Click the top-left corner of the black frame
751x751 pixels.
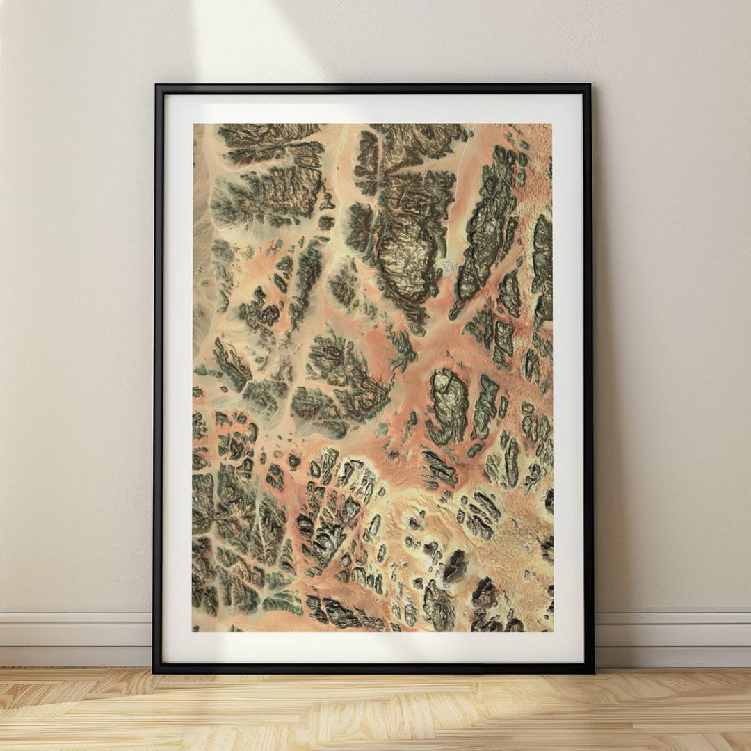click(156, 86)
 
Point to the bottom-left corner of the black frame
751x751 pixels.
click(154, 672)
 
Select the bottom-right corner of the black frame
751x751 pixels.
click(593, 672)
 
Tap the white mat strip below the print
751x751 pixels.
click(375, 647)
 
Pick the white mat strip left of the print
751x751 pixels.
click(177, 375)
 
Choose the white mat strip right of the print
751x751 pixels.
click(568, 375)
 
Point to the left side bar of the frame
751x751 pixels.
click(158, 375)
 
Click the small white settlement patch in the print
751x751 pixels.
click(451, 267)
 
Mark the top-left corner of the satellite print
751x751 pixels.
click(193, 124)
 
